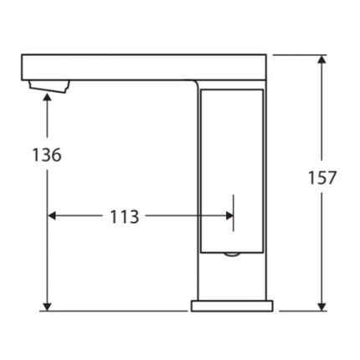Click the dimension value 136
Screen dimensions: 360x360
click(47, 156)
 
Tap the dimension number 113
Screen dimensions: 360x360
click(125, 216)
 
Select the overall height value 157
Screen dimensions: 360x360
click(322, 178)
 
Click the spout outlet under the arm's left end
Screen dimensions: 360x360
click(48, 85)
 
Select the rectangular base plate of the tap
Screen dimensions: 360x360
click(232, 306)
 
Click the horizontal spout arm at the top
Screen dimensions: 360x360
click(142, 66)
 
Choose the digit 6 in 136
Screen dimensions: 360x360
click(56, 156)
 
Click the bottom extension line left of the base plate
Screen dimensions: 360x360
click(117, 311)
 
